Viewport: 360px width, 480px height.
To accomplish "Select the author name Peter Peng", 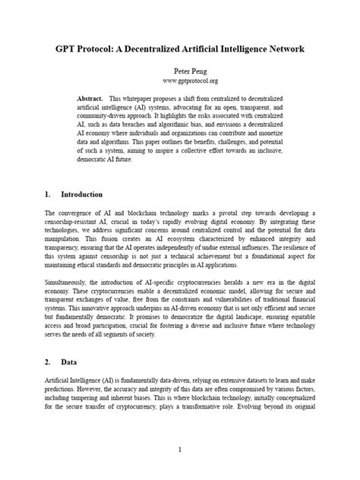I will point(180,68).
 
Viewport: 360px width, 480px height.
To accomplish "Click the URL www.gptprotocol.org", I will point(180,79).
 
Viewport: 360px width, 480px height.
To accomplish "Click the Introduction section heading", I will point(81,194).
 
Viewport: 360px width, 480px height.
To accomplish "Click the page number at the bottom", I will point(180,449).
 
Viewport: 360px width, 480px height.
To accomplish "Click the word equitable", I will point(298,321).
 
